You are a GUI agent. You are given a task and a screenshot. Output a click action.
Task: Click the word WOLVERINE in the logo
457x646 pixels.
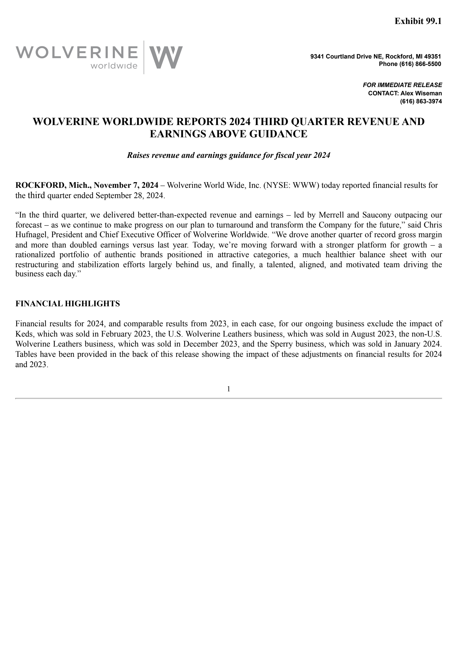click(77, 53)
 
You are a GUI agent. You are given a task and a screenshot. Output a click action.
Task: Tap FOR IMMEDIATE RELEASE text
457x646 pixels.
click(402, 85)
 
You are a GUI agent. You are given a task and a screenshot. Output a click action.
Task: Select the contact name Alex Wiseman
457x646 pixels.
click(421, 93)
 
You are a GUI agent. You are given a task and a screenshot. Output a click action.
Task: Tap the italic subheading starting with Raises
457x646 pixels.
click(228, 155)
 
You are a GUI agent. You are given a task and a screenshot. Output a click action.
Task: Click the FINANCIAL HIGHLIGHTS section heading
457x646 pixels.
click(67, 304)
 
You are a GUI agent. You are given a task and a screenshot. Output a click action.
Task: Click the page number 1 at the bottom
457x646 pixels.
click(228, 389)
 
